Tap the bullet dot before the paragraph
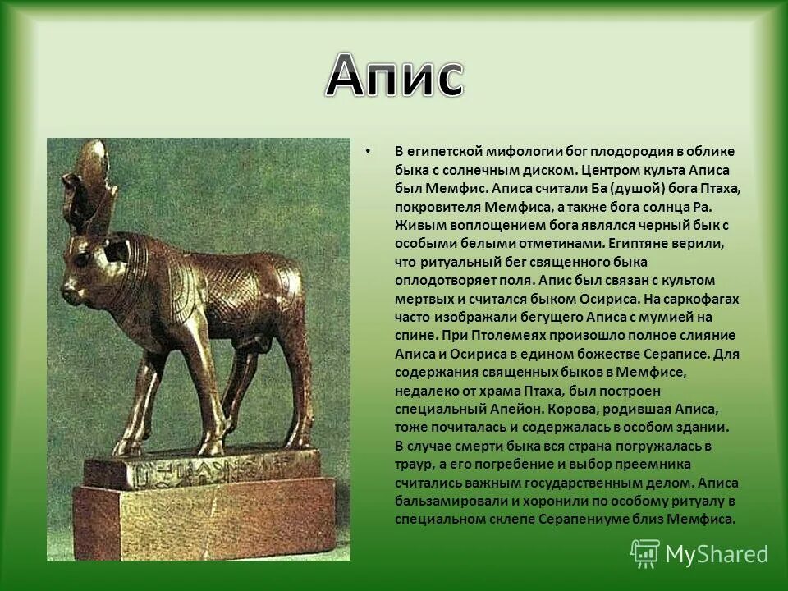click(369, 152)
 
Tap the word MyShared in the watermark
click(717, 554)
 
